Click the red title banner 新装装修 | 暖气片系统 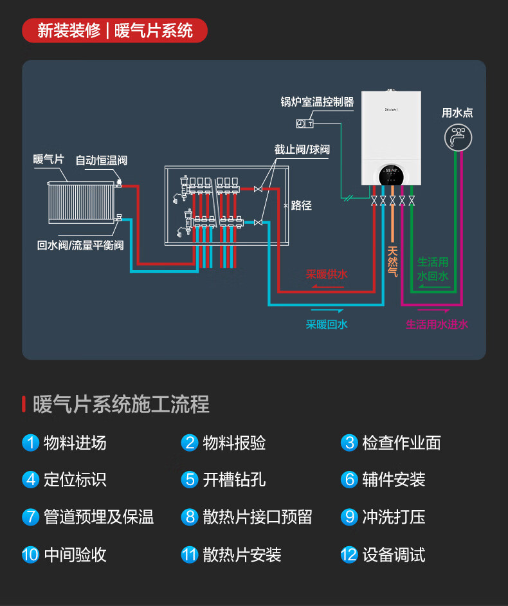coord(114,30)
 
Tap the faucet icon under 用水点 coord(458,136)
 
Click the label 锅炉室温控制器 coord(317,102)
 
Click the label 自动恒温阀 coord(101,160)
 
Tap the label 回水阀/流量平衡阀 coord(80,244)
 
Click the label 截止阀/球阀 coord(302,149)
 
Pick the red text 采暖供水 coord(327,274)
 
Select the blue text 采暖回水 coord(327,324)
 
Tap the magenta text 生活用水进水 coord(437,324)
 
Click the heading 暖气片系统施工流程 coord(121,405)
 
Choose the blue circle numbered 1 coord(30,443)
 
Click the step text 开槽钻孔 coord(234,480)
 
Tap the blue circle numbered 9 coord(349,517)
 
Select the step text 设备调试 coord(394,555)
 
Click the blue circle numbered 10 coord(30,555)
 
